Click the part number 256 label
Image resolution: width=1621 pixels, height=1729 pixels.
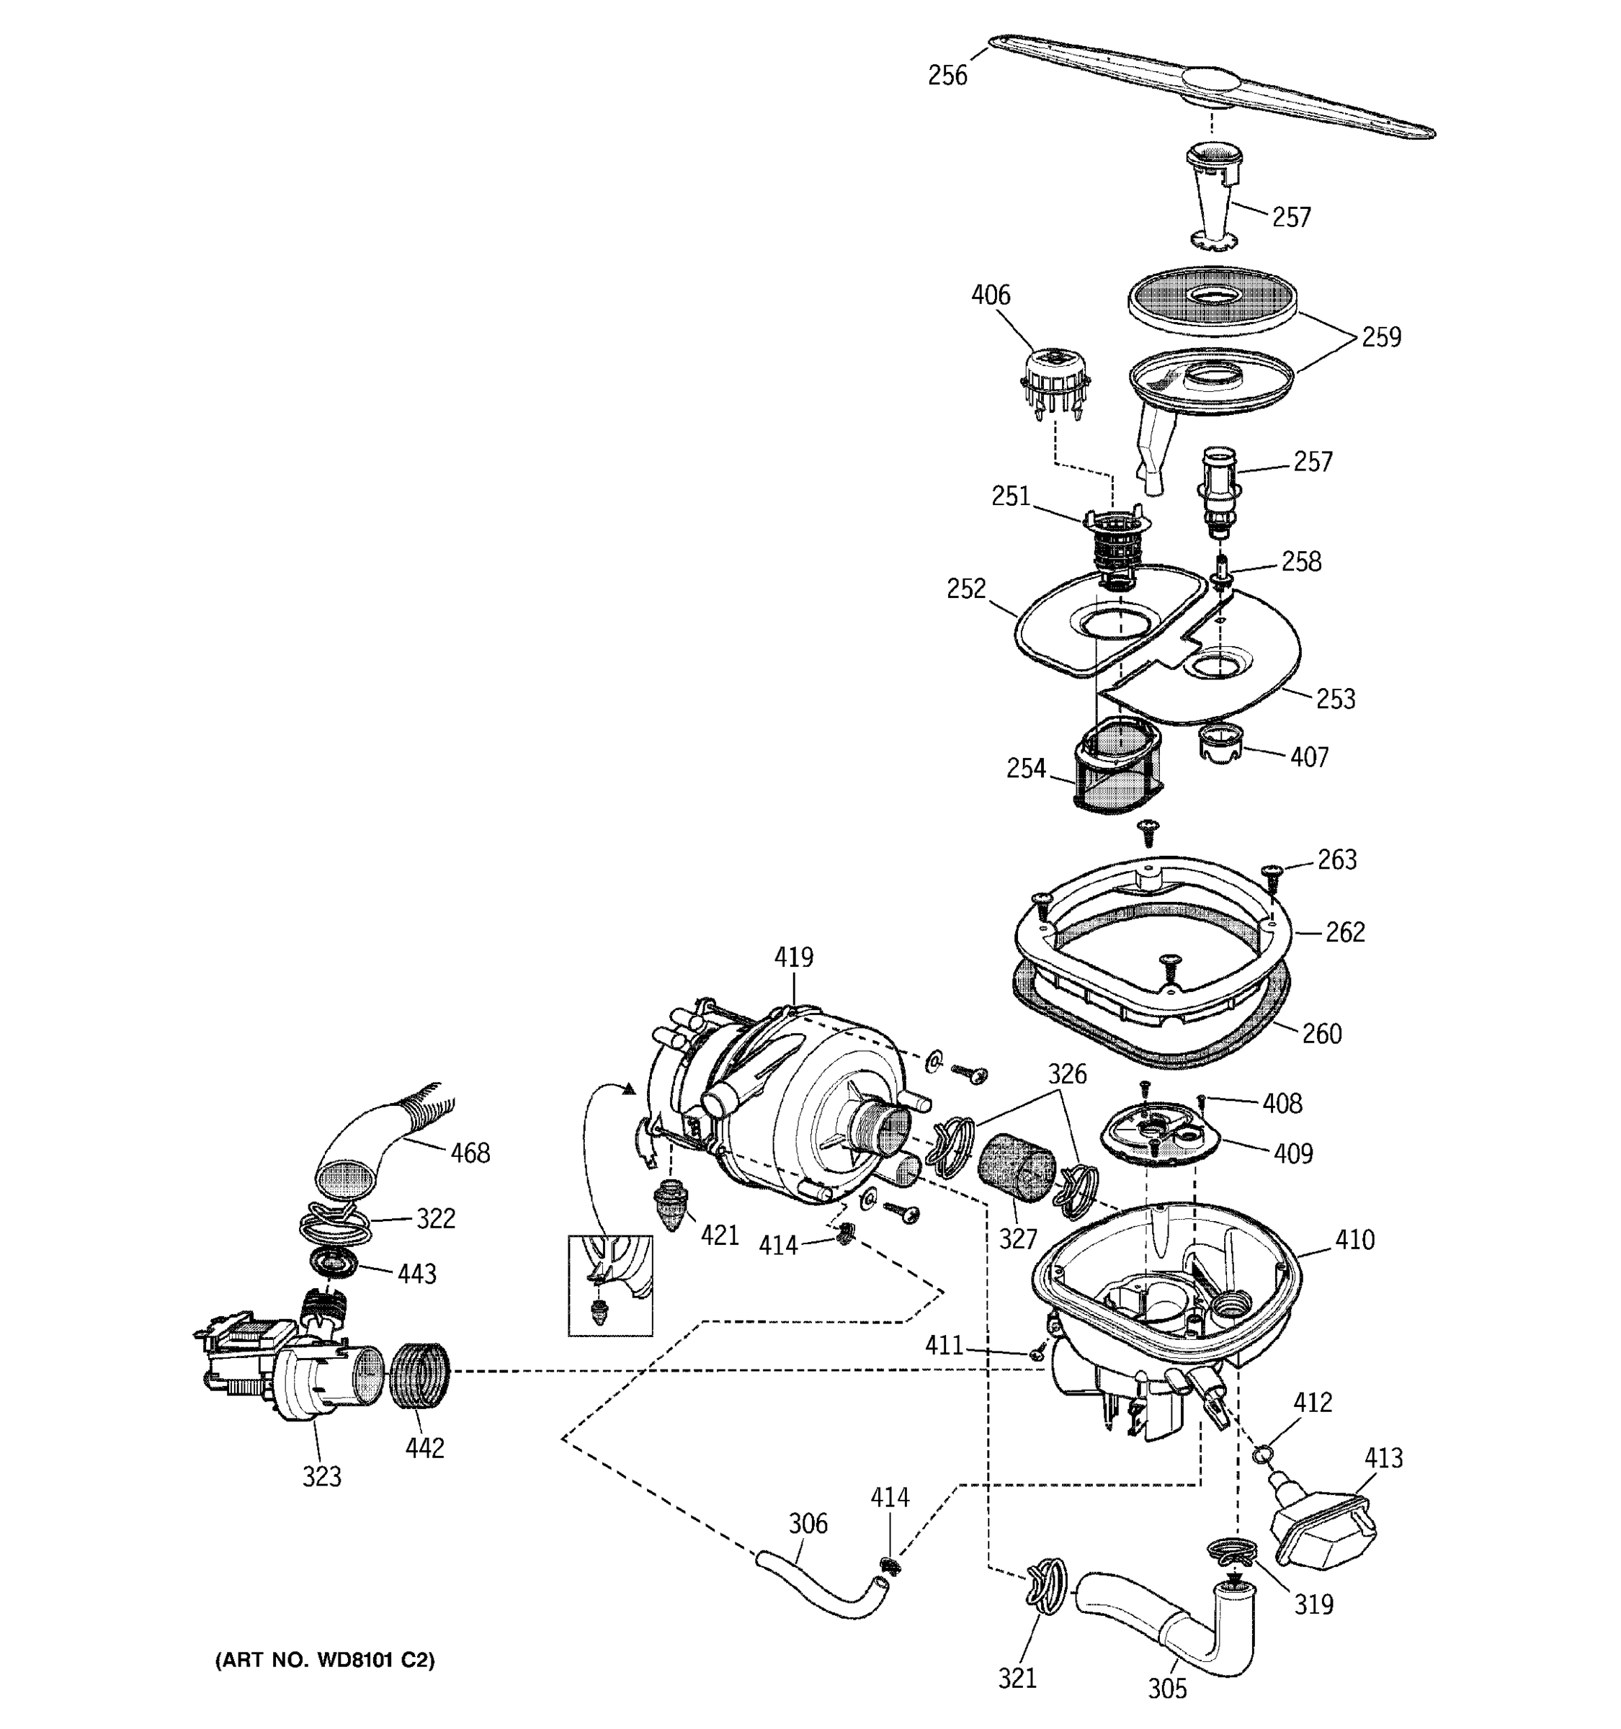(x=947, y=76)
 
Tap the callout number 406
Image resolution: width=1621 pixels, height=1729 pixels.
(x=991, y=295)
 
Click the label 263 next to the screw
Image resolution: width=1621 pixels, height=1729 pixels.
(x=1336, y=859)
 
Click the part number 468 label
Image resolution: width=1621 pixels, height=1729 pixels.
(x=470, y=1153)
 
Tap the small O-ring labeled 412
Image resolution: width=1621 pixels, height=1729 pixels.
(x=1263, y=1453)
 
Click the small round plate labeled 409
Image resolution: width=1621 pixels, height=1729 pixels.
(x=1156, y=1130)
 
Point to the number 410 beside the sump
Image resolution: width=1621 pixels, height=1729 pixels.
(x=1354, y=1239)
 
